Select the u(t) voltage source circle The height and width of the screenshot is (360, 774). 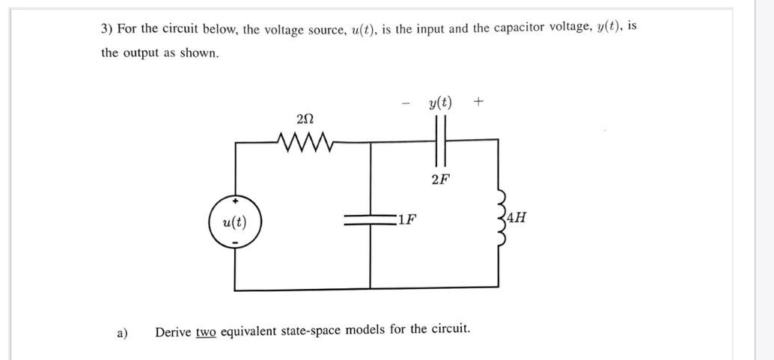235,222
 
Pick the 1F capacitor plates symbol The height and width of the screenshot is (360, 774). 371,220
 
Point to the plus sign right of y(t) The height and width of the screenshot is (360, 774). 478,100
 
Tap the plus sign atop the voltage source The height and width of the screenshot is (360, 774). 235,201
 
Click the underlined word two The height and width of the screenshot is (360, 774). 206,329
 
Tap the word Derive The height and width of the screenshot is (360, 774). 172,329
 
